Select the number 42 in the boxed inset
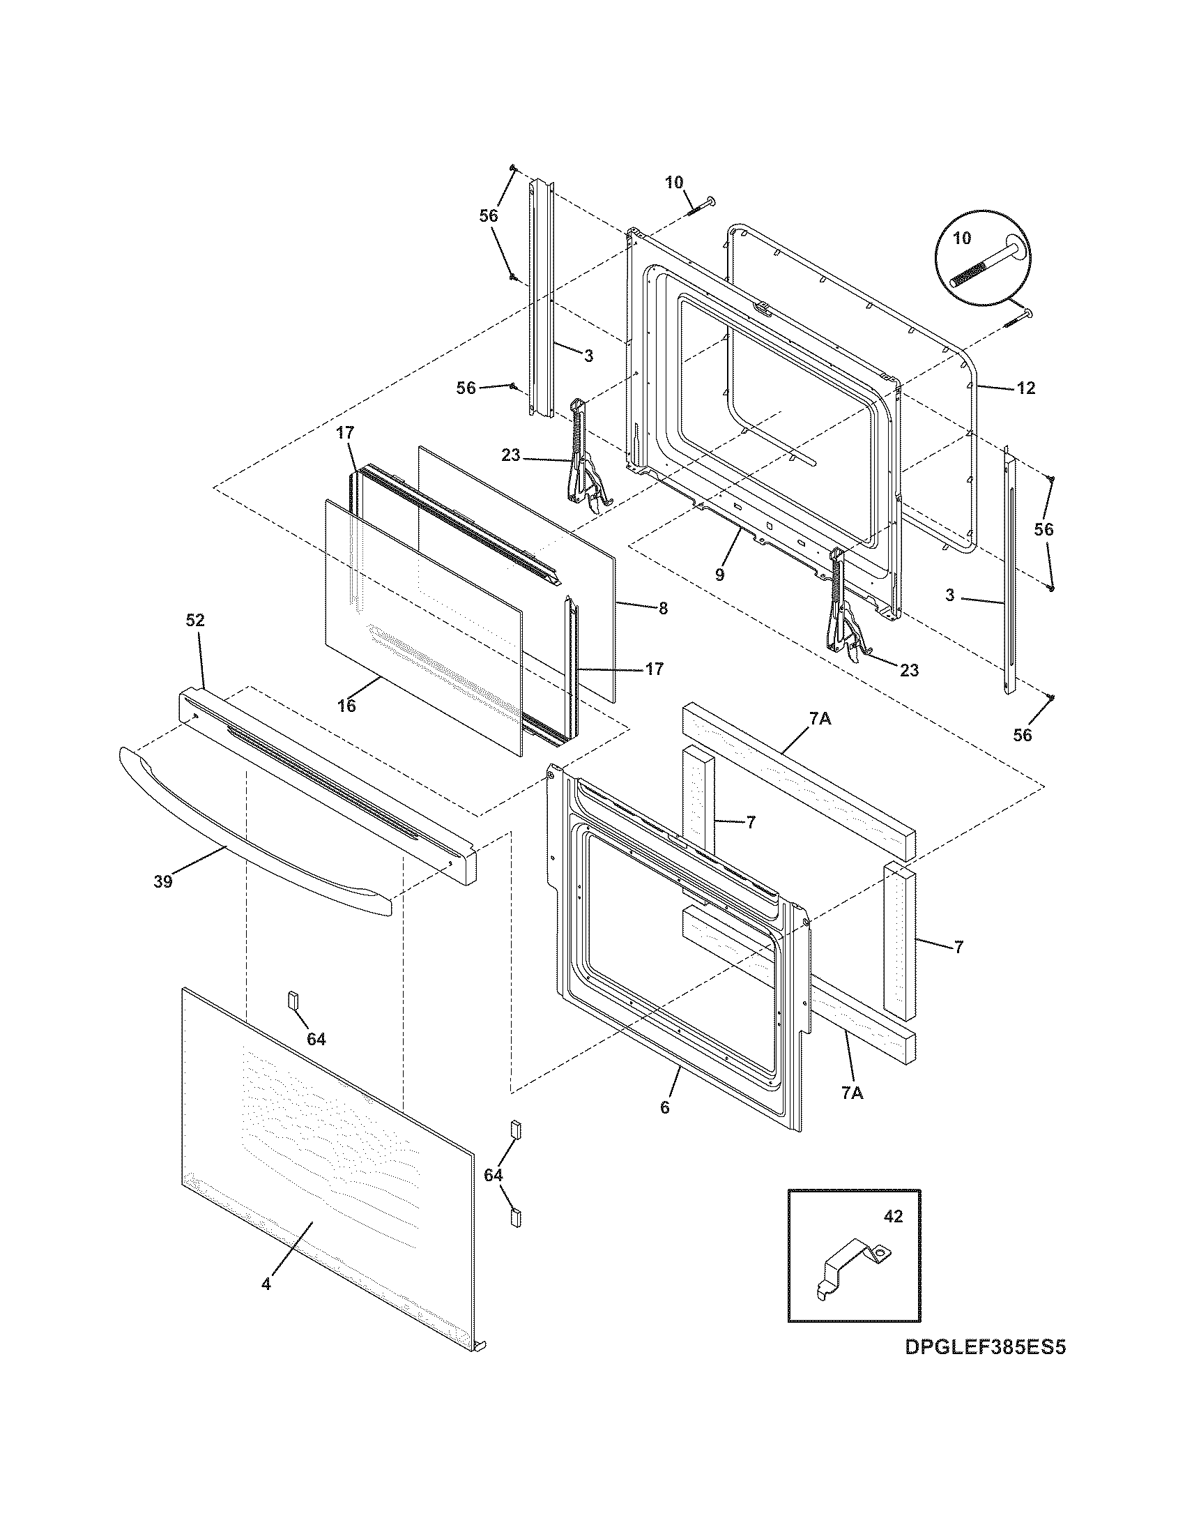(893, 1216)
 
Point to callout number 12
(1025, 388)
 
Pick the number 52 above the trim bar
(195, 620)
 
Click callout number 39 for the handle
(163, 881)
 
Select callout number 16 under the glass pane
(347, 706)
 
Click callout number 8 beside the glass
(663, 608)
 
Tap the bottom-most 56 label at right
(1023, 735)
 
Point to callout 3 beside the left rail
(588, 356)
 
